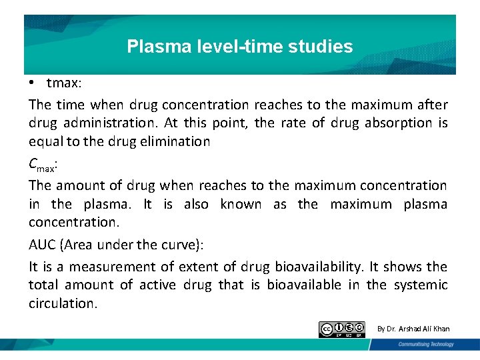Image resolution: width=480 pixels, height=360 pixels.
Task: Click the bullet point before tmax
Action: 32,83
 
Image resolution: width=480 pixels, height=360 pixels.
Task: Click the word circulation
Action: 63,303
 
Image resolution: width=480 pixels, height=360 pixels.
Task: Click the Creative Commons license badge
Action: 342,329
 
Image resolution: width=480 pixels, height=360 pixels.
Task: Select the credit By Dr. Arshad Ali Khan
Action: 413,329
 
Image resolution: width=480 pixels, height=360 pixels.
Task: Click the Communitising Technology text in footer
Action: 427,345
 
